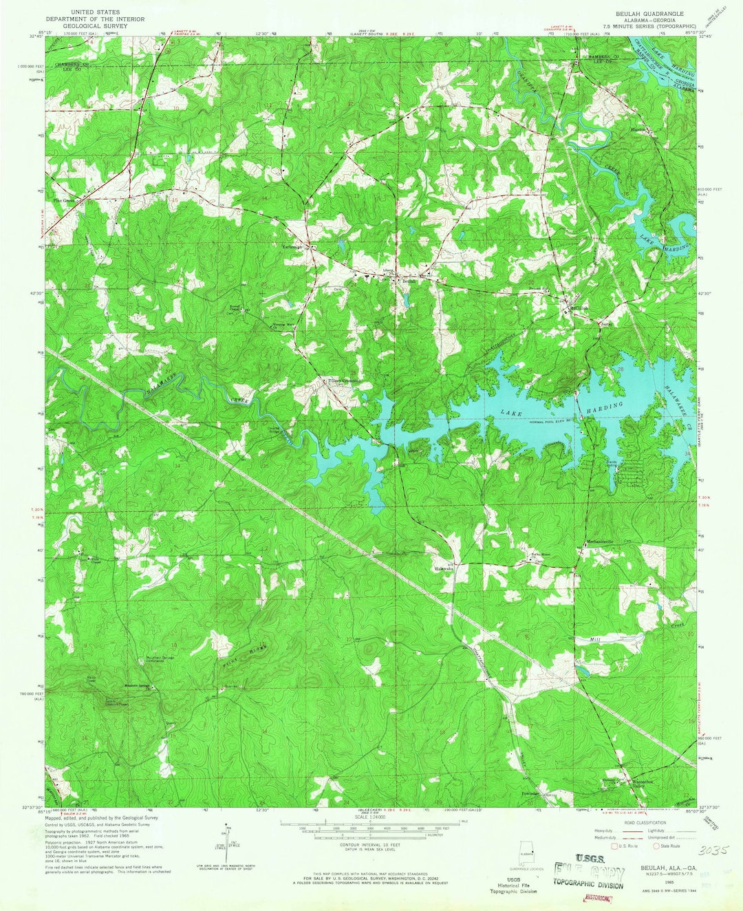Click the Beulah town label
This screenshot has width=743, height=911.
tap(409, 281)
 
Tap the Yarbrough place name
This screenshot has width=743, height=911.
tap(291, 246)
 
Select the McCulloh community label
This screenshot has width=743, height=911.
tap(579, 308)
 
